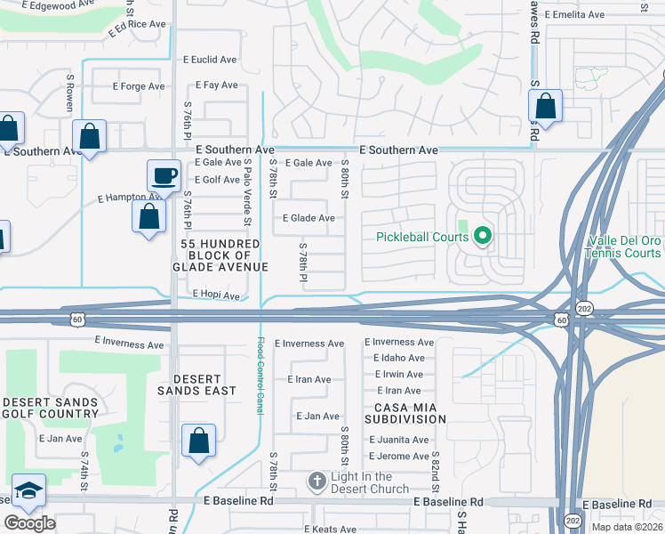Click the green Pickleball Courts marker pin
pos(483,237)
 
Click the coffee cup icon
pos(163,174)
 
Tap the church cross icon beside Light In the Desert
pos(316,482)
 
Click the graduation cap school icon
pos(28,489)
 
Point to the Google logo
pos(29,523)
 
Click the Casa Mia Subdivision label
pos(405,412)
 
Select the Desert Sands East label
pos(197,384)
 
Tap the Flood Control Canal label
pos(260,373)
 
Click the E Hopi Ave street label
pos(216,295)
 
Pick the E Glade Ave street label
pos(308,218)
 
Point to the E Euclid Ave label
pos(210,60)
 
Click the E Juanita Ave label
pos(399,440)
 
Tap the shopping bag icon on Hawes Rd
pos(546,107)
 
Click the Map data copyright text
pos(627,527)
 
